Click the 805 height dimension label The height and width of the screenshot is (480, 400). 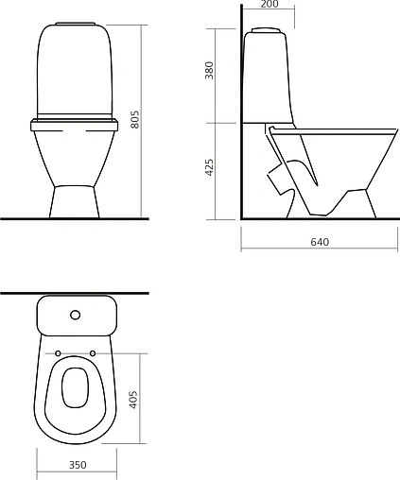(134, 119)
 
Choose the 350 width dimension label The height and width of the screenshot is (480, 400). (78, 465)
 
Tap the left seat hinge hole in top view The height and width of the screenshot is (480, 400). (59, 355)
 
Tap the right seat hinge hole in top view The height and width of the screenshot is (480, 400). (94, 355)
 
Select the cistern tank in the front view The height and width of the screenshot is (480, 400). (76, 71)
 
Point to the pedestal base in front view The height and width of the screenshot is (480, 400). (76, 200)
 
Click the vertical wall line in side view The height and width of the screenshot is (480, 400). (241, 113)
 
